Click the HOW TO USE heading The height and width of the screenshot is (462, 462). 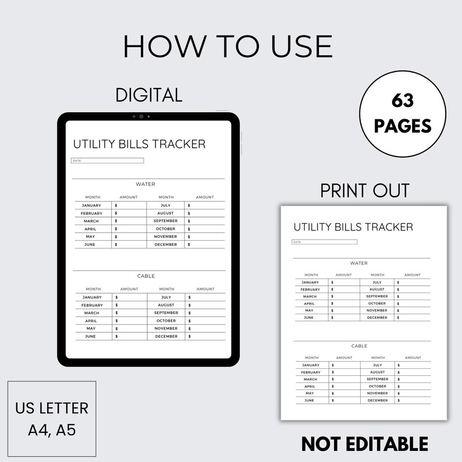click(x=228, y=46)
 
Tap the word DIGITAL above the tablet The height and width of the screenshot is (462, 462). click(x=149, y=94)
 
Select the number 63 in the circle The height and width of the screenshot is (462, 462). click(x=402, y=101)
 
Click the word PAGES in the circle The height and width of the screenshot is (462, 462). click(x=402, y=125)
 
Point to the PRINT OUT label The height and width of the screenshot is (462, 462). click(x=365, y=190)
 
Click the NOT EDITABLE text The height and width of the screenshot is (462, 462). click(x=365, y=443)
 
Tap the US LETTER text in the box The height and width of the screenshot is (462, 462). click(x=52, y=408)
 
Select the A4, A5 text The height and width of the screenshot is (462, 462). click(x=52, y=431)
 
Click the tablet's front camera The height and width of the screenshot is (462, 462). click(x=141, y=116)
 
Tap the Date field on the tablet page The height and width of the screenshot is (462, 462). click(x=108, y=161)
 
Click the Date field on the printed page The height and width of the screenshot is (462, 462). click(x=324, y=242)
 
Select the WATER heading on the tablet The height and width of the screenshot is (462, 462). click(x=145, y=184)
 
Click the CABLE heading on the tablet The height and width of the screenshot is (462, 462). click(x=146, y=276)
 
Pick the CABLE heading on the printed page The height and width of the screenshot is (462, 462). click(x=360, y=346)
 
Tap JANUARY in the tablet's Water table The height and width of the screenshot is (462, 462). click(x=91, y=205)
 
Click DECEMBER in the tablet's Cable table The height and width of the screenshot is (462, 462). click(x=166, y=336)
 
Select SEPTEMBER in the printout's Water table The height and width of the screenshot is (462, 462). click(x=377, y=296)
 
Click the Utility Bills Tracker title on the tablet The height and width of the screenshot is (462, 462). click(x=139, y=144)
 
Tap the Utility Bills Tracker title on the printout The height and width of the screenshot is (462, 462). click(x=353, y=227)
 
